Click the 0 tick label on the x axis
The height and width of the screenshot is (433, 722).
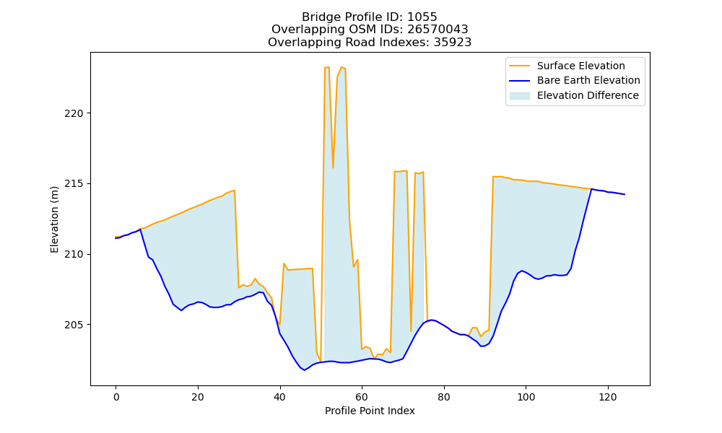tap(116, 397)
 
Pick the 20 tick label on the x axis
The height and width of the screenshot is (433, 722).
tap(198, 397)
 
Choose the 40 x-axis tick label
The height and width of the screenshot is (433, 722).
tap(280, 397)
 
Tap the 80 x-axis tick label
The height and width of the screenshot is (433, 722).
tap(444, 397)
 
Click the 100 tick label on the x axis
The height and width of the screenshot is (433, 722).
tap(526, 397)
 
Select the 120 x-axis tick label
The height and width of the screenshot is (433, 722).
tap(608, 397)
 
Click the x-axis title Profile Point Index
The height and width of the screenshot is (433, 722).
tap(370, 411)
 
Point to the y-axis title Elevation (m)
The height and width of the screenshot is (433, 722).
tap(54, 219)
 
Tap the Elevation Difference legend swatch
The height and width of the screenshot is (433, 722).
tap(519, 96)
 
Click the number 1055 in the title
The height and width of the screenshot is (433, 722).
tap(422, 17)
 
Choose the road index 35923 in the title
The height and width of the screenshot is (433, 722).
tap(453, 43)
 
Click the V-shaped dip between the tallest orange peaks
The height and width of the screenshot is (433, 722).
tap(333, 167)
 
